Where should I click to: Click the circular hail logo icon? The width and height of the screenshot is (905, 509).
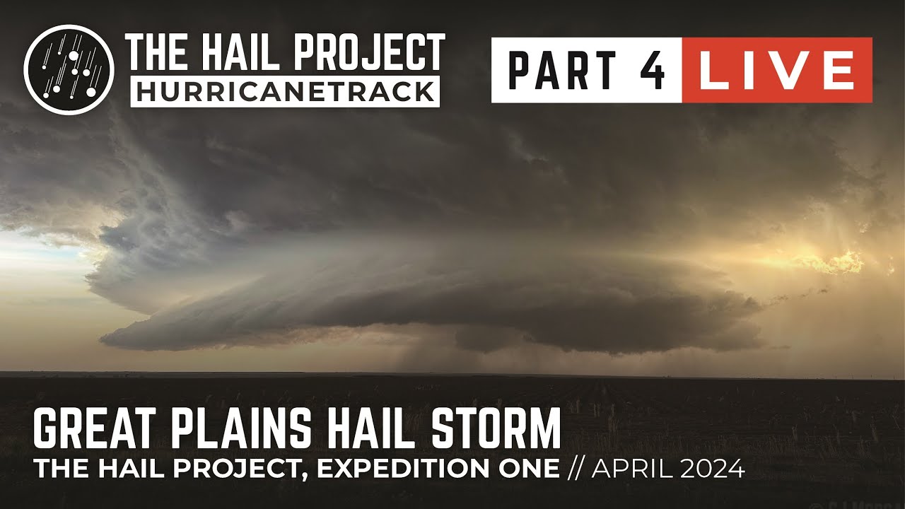tap(69, 69)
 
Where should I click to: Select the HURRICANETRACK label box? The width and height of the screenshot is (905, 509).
tap(285, 91)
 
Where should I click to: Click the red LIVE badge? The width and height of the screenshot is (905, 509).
tap(776, 71)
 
